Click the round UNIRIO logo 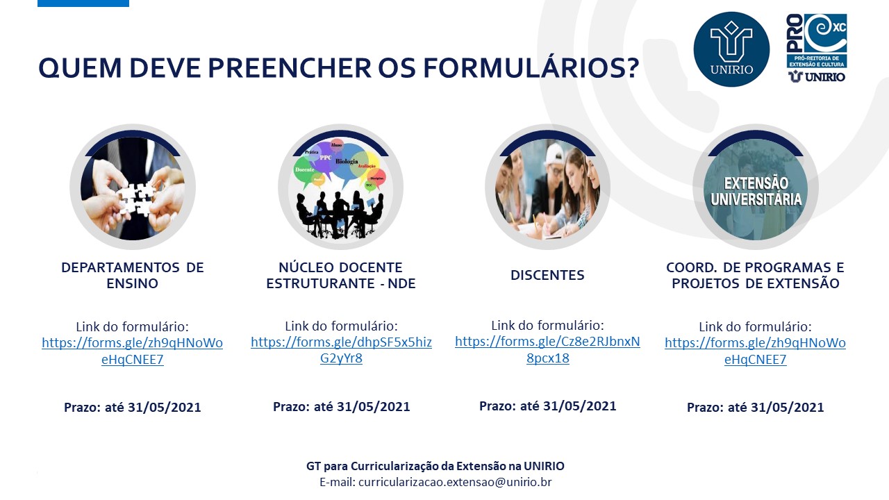tap(731, 49)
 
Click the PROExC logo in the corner tap(816, 49)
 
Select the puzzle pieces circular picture tap(133, 188)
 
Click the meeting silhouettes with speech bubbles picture tap(340, 188)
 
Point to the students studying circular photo tap(547, 188)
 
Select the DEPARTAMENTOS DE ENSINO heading tap(133, 276)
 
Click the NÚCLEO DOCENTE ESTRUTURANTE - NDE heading tap(341, 276)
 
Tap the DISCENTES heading tap(547, 276)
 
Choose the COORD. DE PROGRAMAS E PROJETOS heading tap(755, 276)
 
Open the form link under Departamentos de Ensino tap(133, 351)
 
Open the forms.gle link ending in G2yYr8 tap(341, 351)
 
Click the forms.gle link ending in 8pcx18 tap(547, 350)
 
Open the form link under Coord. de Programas tap(755, 351)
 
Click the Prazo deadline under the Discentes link tap(547, 406)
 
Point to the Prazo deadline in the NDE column tap(341, 407)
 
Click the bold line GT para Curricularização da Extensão tap(435, 466)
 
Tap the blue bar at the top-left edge tap(83, 3)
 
